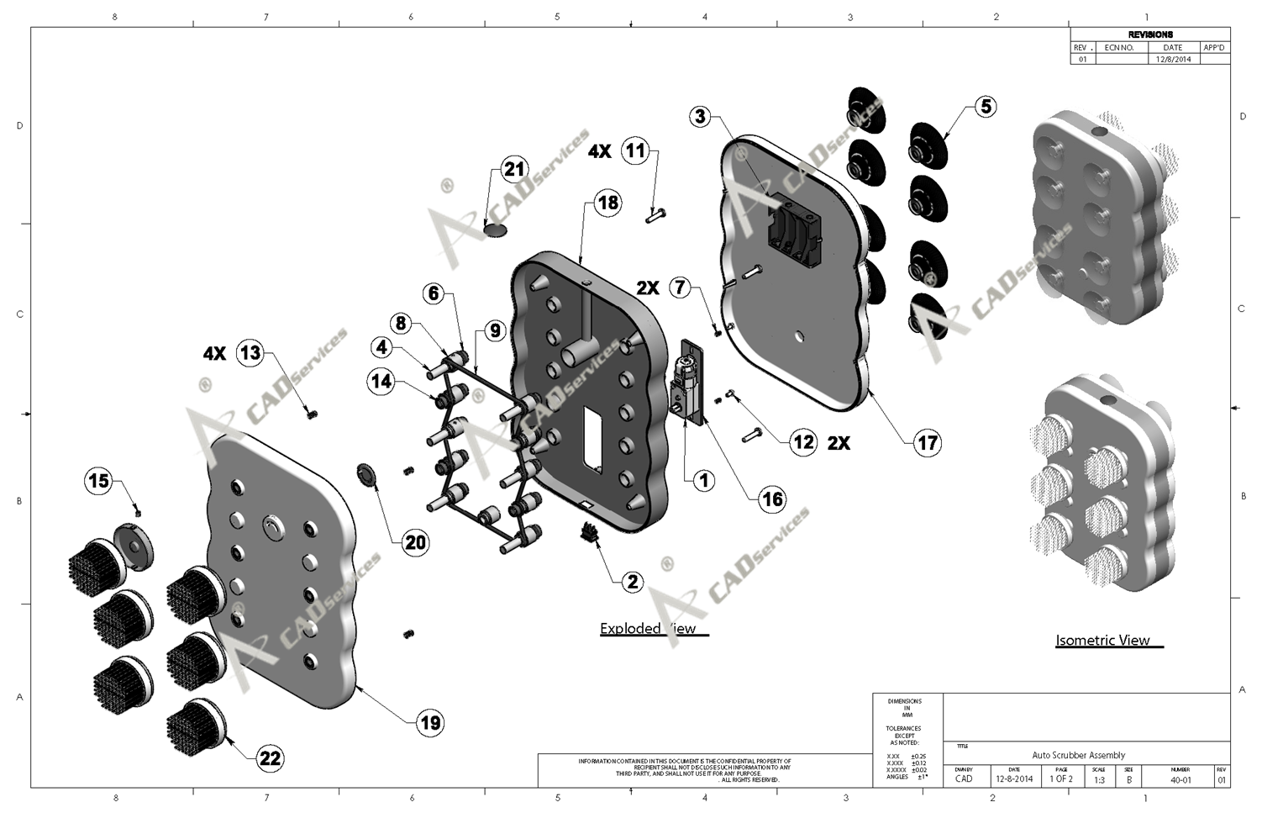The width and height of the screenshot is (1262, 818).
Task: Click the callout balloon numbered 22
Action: click(270, 758)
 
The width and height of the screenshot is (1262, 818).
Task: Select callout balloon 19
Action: click(430, 722)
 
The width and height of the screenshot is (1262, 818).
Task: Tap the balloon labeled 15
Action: click(99, 481)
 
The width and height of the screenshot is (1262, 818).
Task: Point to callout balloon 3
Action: click(702, 117)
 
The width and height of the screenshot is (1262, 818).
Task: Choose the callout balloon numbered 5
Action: click(986, 106)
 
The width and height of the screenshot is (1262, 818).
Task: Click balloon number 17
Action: click(928, 442)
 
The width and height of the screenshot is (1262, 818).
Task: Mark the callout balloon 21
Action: click(513, 169)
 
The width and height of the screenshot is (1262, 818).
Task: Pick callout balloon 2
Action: click(632, 582)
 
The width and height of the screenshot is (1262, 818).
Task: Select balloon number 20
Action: click(416, 542)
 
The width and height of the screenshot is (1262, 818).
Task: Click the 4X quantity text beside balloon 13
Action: click(214, 354)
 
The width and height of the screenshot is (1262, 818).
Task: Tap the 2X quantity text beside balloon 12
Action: click(839, 443)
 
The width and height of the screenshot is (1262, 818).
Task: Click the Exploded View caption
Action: click(648, 629)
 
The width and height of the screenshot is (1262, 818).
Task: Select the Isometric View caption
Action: click(1102, 641)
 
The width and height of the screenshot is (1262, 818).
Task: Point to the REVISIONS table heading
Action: click(1150, 34)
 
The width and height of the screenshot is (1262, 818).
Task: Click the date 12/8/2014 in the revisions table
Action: click(1173, 60)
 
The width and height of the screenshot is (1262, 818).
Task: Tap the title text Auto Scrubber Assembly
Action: click(1078, 755)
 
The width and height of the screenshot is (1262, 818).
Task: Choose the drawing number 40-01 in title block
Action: click(1180, 779)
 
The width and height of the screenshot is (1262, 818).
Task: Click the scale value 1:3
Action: click(1099, 779)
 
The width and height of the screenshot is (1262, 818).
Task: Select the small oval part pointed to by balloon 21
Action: click(497, 228)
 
